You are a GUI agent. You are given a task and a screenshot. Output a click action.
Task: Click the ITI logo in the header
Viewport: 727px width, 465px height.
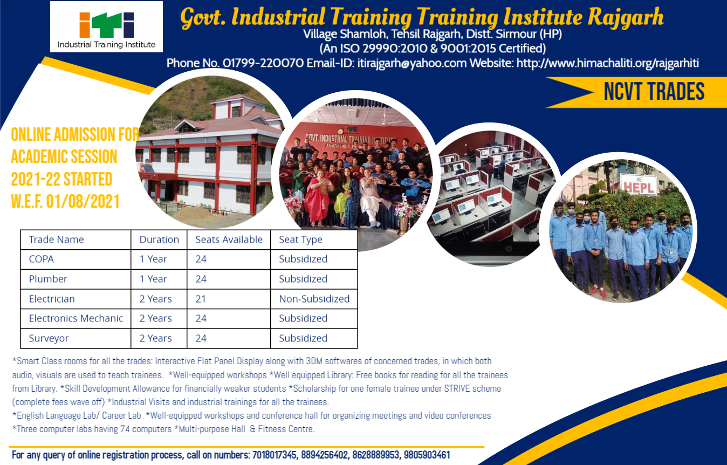pyautogui.click(x=106, y=26)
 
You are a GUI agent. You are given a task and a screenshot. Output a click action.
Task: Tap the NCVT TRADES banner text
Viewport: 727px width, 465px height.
pyautogui.click(x=654, y=92)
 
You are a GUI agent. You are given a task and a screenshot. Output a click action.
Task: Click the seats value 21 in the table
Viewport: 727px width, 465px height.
pyautogui.click(x=201, y=299)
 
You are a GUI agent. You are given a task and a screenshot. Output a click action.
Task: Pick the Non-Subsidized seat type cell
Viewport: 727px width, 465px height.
pyautogui.click(x=314, y=299)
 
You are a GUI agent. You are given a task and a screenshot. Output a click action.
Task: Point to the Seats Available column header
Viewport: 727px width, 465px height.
pyautogui.click(x=229, y=240)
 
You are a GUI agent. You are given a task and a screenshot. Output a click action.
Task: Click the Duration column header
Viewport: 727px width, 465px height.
pyautogui.click(x=159, y=240)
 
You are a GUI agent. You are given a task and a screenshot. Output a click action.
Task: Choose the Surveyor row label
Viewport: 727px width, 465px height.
pyautogui.click(x=49, y=338)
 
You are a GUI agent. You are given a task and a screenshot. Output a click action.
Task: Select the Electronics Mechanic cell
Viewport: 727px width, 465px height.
pyautogui.click(x=76, y=318)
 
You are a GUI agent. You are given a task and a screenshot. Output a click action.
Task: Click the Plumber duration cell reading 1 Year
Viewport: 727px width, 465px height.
pyautogui.click(x=153, y=279)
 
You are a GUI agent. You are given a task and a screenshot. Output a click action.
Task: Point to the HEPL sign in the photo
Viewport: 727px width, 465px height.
pyautogui.click(x=638, y=186)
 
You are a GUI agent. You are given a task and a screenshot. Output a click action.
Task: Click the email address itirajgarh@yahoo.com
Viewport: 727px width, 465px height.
pyautogui.click(x=412, y=63)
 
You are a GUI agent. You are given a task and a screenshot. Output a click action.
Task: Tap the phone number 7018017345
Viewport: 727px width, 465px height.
pyautogui.click(x=275, y=455)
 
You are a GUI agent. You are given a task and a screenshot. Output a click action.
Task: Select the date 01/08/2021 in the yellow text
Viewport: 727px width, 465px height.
pyautogui.click(x=83, y=201)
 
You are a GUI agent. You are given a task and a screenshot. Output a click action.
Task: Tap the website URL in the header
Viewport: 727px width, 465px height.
pyautogui.click(x=608, y=63)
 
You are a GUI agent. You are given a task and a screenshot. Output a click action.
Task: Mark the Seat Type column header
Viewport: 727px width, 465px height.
pyautogui.click(x=300, y=240)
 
